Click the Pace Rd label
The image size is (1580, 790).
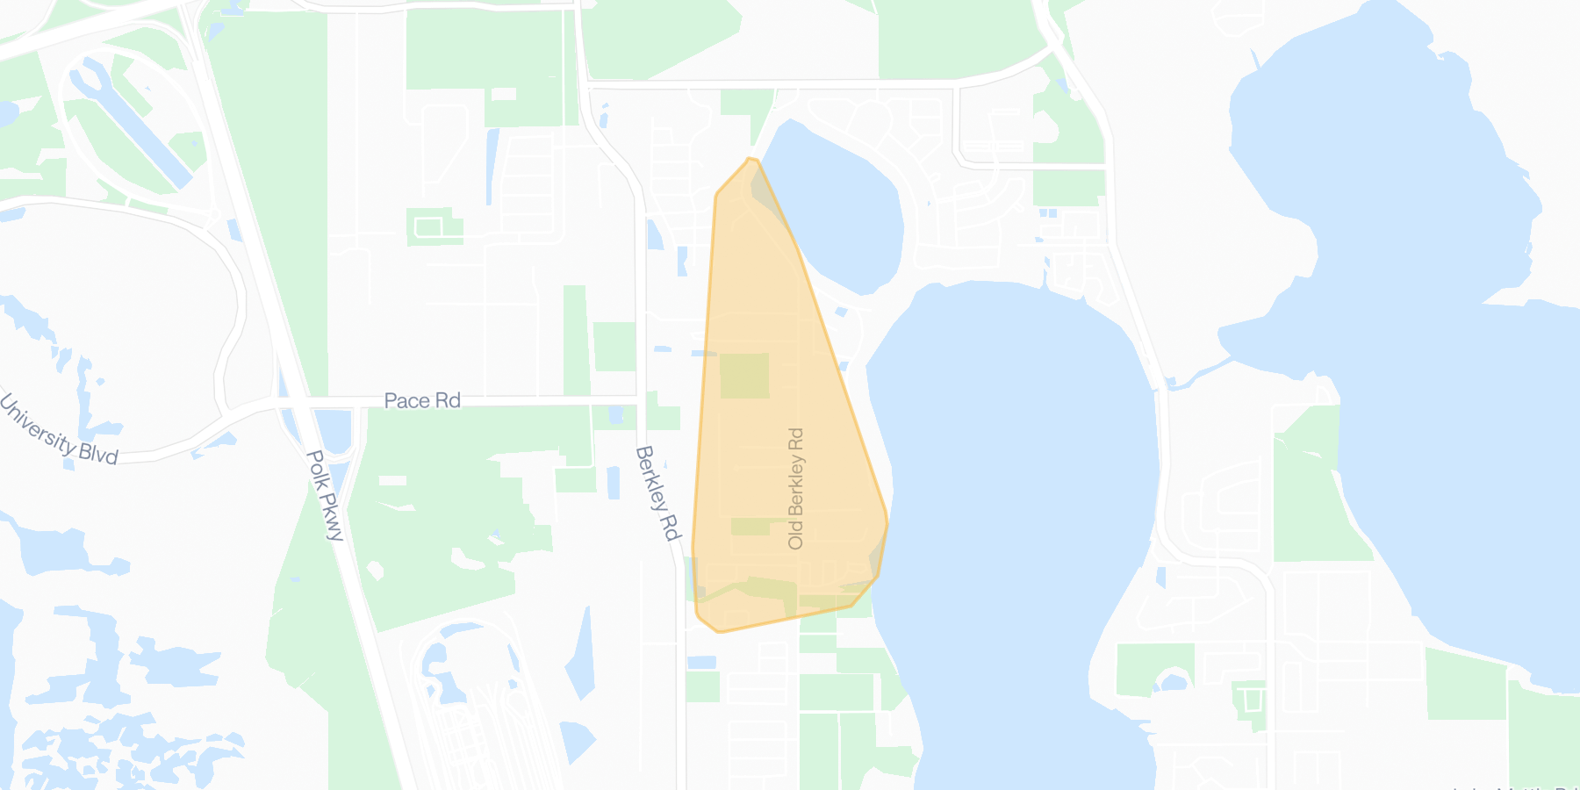(422, 401)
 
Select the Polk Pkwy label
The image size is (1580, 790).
(324, 495)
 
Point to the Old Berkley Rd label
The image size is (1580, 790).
(796, 488)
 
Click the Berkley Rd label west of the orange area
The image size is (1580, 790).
(657, 492)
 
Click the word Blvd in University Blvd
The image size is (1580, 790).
(97, 452)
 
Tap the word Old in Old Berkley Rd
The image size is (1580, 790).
(796, 534)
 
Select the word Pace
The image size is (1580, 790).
(406, 401)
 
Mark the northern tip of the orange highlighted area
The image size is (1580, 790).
(750, 159)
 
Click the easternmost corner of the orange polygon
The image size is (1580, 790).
(887, 523)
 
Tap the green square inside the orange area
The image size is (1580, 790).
(744, 376)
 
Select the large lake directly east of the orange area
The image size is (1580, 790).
(1018, 492)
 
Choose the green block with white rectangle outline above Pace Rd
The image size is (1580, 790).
(434, 226)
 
